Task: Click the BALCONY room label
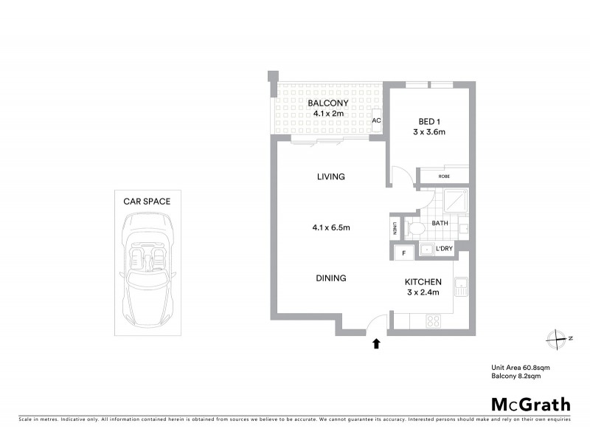[x=328, y=103]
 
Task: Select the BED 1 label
[x=428, y=121]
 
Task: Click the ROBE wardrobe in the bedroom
[x=444, y=176]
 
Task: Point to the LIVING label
[x=331, y=177]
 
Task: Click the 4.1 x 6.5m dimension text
[x=330, y=227]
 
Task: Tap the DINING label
[x=331, y=278]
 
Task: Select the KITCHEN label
[x=423, y=282]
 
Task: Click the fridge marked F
[x=403, y=253]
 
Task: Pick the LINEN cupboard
[x=395, y=228]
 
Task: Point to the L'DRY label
[x=444, y=250]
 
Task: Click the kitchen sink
[x=460, y=286]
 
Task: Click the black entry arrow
[x=377, y=343]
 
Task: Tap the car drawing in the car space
[x=147, y=266]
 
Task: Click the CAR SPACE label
[x=147, y=201]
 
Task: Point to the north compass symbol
[x=556, y=338]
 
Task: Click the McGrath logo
[x=531, y=404]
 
